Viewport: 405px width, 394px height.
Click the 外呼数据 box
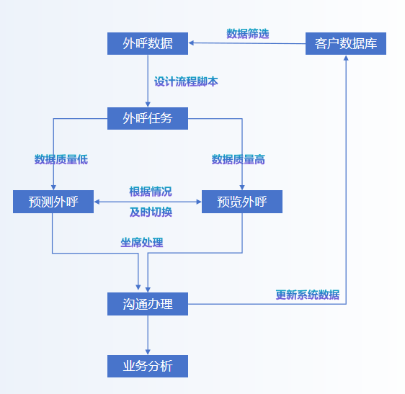pos(148,43)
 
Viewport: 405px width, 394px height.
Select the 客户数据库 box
pos(346,43)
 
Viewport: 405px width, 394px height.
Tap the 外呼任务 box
pos(148,118)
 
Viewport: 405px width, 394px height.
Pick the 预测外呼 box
pos(53,202)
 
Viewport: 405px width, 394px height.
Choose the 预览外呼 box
pos(242,202)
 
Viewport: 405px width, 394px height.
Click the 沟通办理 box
pos(148,304)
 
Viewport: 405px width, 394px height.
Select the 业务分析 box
pos(148,366)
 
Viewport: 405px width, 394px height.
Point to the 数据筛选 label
pos(247,34)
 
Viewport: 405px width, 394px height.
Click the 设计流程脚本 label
pos(186,81)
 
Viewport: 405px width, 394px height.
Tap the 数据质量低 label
pos(61,159)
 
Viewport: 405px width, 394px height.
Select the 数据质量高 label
pos(238,159)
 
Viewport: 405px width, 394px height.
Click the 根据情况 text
pos(151,192)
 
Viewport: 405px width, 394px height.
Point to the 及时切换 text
pos(151,212)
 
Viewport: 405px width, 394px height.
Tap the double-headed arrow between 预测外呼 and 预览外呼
pos(148,202)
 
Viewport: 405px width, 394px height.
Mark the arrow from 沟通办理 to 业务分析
pos(148,335)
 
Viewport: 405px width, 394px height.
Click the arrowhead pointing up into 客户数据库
pos(346,58)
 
